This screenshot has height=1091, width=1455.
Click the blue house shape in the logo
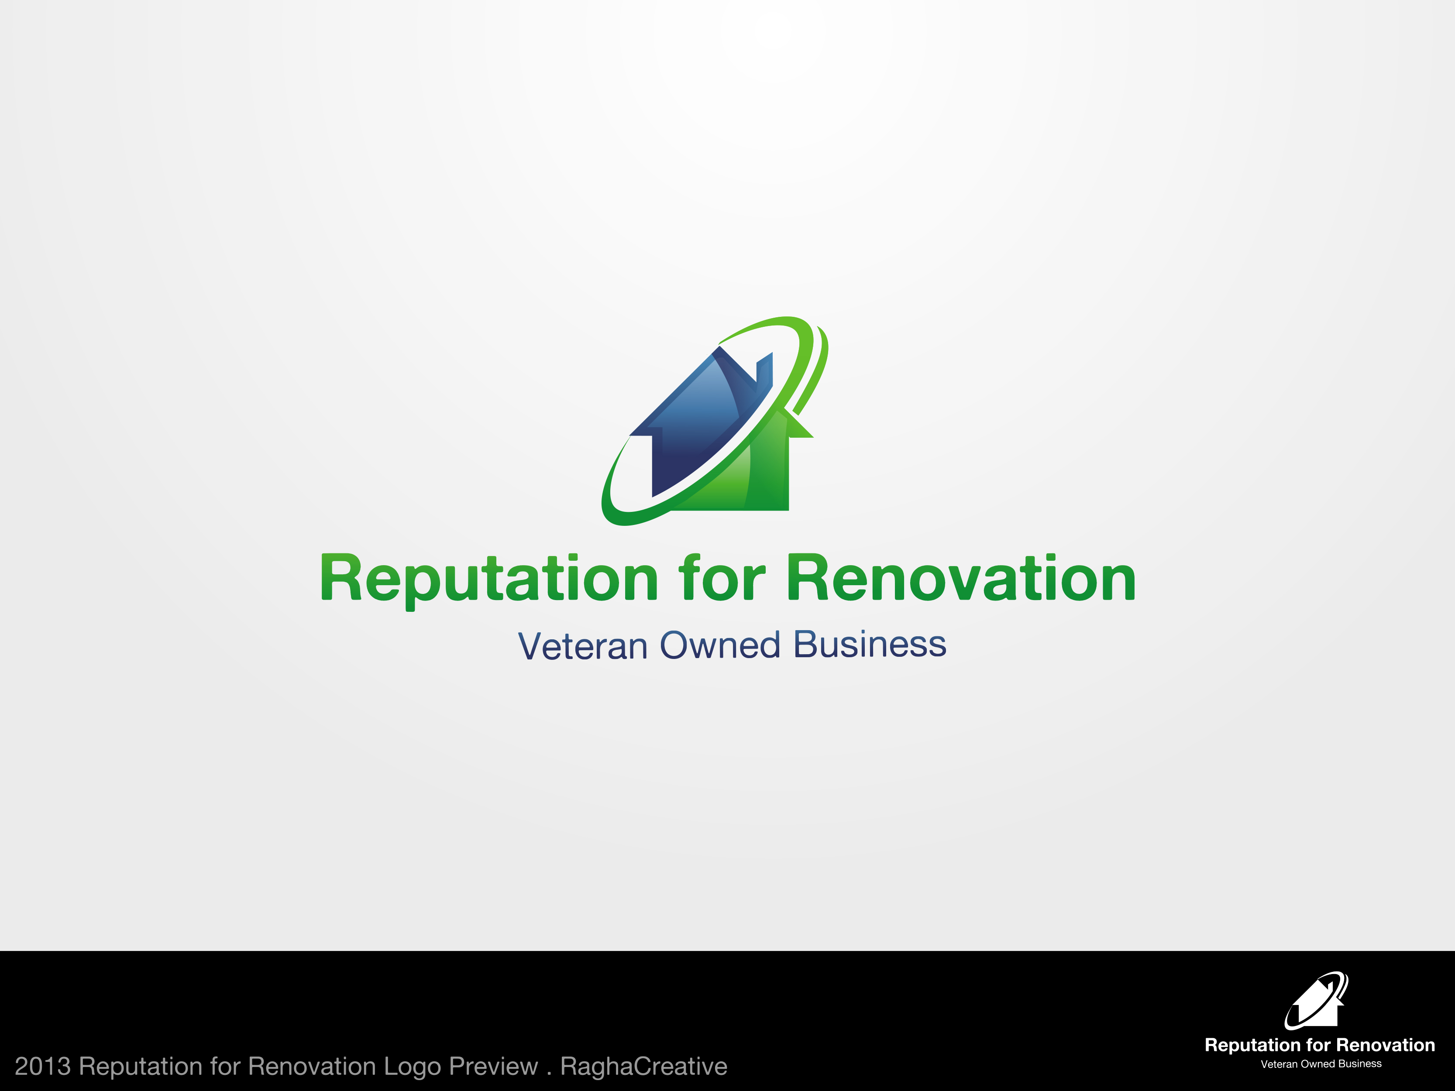pos(697,421)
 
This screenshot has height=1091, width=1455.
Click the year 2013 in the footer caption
pos(42,1066)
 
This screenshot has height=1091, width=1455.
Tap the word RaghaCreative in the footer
pos(643,1067)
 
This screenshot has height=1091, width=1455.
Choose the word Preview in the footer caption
pos(493,1066)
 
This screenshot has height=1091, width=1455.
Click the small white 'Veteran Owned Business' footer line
pos(1321,1064)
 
